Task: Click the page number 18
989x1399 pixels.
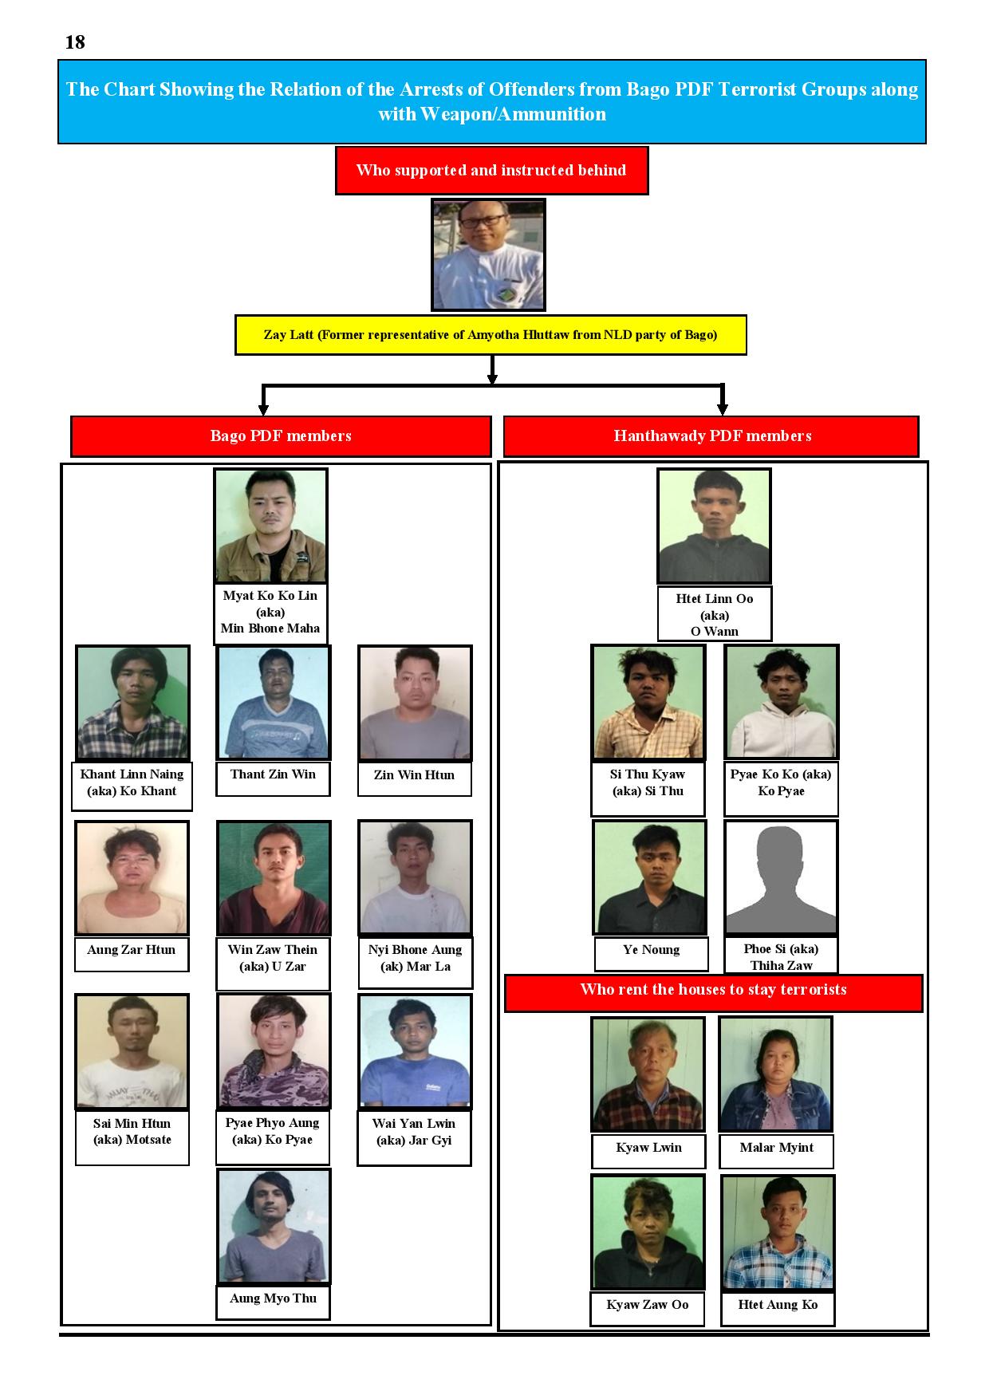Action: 75,42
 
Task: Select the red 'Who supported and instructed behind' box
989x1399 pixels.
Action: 491,170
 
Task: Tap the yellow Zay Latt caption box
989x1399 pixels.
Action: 491,335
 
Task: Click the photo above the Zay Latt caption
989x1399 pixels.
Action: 488,254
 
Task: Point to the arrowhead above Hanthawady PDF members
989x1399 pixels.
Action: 723,409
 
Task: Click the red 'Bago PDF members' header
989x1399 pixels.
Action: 281,436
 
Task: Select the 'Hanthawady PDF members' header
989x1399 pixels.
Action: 711,436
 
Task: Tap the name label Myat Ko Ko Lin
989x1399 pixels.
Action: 270,613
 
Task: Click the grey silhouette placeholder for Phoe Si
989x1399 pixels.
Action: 781,877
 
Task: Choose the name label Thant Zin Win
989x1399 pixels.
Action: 273,778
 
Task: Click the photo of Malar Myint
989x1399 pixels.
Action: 775,1074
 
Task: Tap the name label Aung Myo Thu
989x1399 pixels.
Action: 273,1302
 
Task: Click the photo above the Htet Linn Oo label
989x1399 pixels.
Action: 714,526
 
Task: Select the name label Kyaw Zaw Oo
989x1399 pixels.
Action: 648,1308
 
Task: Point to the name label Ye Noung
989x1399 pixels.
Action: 651,953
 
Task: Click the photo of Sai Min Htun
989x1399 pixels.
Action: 132,1051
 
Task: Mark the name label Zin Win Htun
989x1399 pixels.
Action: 414,778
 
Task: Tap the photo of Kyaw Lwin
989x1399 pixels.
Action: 648,1074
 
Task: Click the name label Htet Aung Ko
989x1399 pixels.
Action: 778,1308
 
